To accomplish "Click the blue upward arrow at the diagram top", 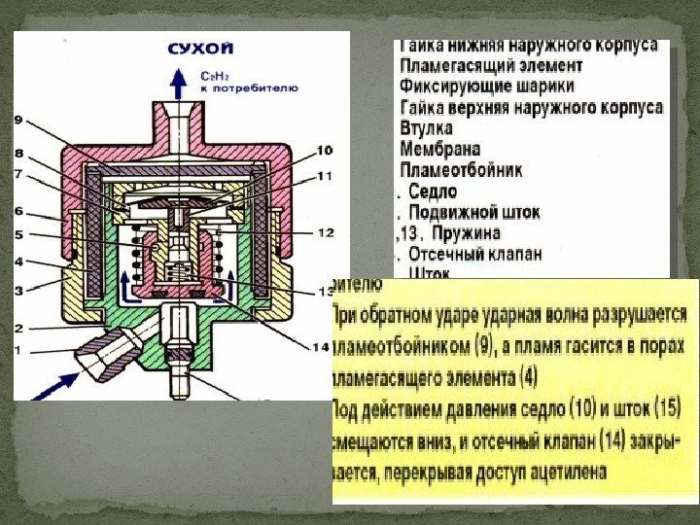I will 181,86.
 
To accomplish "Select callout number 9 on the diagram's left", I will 17,120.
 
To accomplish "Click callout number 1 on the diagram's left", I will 17,348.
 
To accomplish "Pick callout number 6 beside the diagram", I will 17,211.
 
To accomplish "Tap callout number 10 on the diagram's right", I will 324,151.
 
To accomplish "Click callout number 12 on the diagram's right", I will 326,233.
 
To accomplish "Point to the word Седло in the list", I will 433,191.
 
